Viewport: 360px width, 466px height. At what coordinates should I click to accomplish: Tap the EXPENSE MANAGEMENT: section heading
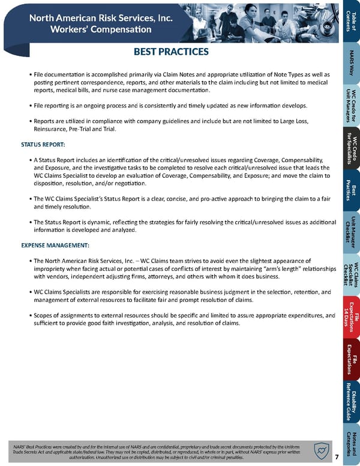(x=55, y=246)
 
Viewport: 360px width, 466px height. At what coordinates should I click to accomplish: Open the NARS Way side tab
(x=352, y=64)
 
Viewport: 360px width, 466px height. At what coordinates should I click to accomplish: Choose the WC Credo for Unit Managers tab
(x=352, y=103)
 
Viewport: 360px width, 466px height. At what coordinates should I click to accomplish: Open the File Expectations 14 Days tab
(x=352, y=319)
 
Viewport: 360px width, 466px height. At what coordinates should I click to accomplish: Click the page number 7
(x=337, y=456)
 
